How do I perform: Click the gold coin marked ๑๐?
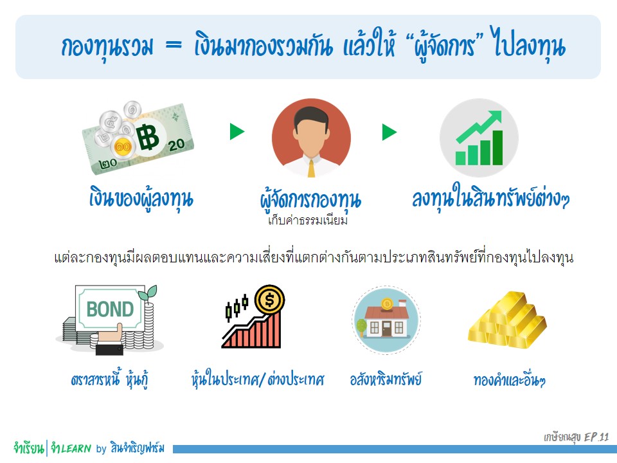123,147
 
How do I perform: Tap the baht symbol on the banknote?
148,138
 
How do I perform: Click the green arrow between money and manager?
237,131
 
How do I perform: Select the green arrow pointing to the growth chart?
389,132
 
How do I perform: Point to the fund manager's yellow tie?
311,168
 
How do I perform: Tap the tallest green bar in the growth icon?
497,148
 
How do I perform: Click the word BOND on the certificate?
110,309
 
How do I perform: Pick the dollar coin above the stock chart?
269,300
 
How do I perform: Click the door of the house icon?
387,329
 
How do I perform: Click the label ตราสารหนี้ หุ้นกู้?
110,379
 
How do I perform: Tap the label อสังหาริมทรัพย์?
386,379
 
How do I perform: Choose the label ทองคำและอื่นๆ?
509,381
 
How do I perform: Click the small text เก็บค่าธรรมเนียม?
308,221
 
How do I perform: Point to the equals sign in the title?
174,45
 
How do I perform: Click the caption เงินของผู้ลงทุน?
141,198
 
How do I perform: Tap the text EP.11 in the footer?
596,437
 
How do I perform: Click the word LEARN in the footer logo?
76,448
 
